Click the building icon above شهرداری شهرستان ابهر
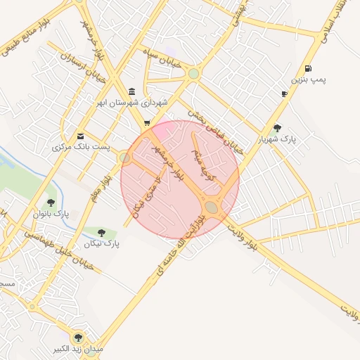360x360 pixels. click(x=133, y=92)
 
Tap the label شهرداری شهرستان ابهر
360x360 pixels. click(x=133, y=103)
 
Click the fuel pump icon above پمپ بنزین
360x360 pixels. click(x=309, y=69)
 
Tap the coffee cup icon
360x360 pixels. click(x=284, y=93)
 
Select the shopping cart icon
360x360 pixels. click(x=146, y=124)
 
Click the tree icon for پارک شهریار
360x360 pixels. click(x=278, y=128)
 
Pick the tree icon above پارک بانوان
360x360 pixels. click(x=51, y=202)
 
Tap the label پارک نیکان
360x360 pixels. click(x=102, y=244)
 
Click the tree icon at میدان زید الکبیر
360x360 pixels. click(x=77, y=337)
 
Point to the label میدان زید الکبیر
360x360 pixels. click(x=77, y=349)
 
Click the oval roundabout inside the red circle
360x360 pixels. click(x=212, y=206)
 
